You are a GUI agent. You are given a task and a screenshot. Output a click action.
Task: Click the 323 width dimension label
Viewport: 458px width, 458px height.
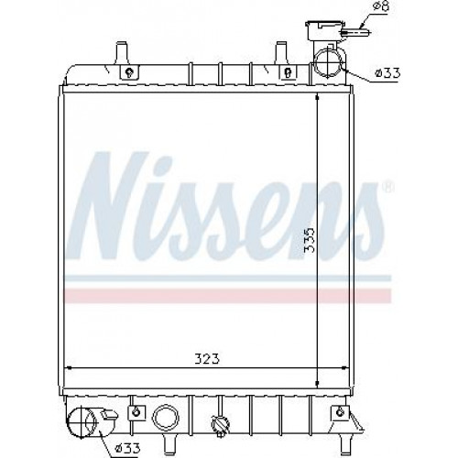click(x=207, y=359)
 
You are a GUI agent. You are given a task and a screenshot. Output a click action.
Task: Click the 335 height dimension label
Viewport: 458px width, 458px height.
click(x=310, y=239)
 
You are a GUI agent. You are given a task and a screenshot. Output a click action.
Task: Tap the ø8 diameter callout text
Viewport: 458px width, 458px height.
click(x=382, y=6)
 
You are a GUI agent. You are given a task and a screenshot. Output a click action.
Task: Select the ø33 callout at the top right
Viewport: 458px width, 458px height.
click(x=388, y=73)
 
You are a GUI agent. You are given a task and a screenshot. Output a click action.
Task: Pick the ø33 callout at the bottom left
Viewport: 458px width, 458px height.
click(x=127, y=448)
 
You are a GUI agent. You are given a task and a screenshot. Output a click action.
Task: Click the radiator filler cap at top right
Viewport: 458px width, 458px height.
click(x=323, y=30)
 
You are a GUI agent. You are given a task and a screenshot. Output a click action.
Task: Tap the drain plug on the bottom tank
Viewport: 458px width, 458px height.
click(x=220, y=423)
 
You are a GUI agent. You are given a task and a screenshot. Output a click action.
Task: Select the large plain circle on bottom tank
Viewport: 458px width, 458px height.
click(x=165, y=417)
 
